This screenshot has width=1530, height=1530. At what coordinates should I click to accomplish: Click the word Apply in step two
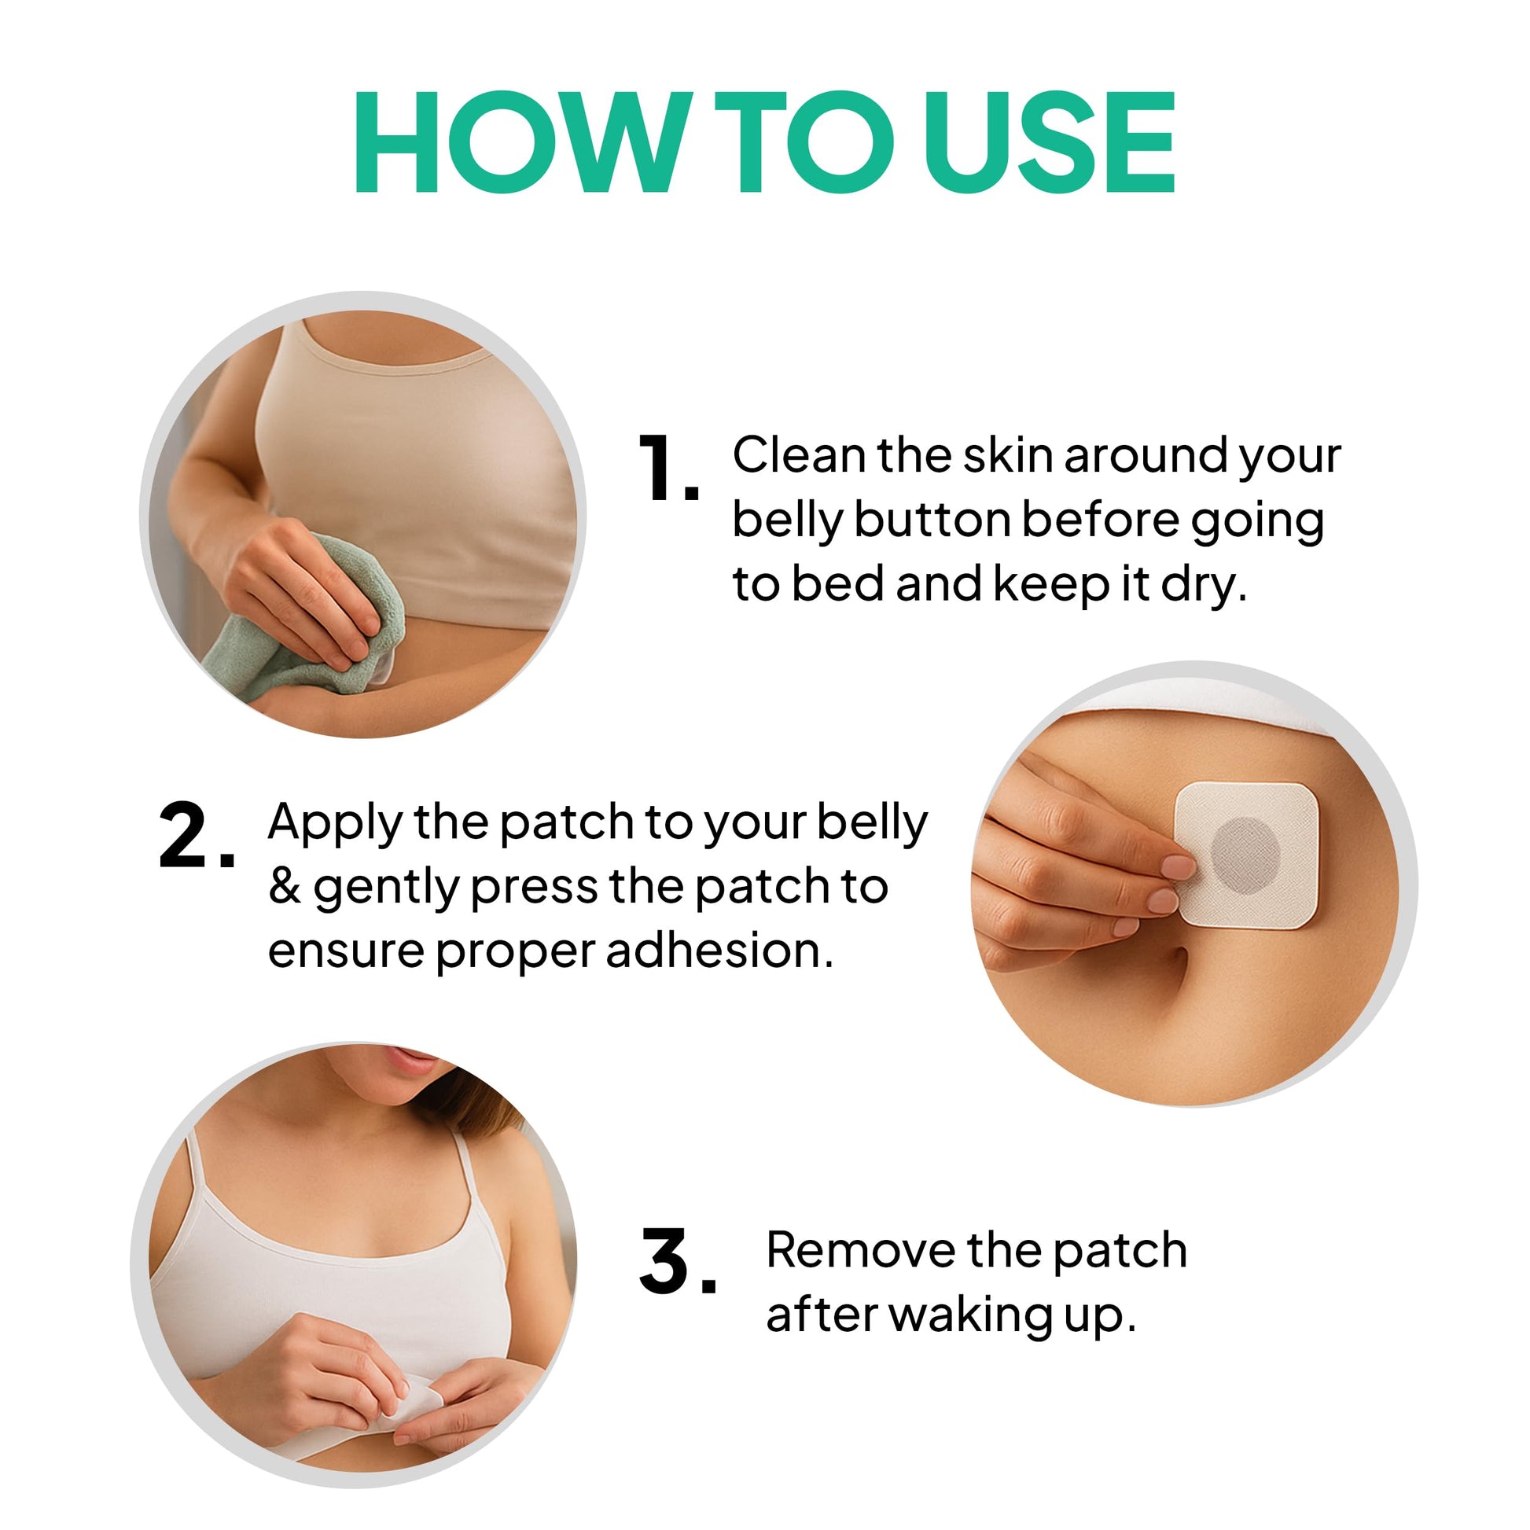(x=334, y=825)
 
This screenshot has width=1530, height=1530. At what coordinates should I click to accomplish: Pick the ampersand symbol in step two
(x=285, y=886)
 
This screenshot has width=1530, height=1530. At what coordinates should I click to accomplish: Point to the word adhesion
(x=720, y=951)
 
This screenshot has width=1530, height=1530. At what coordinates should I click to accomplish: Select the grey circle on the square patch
(x=1245, y=857)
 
